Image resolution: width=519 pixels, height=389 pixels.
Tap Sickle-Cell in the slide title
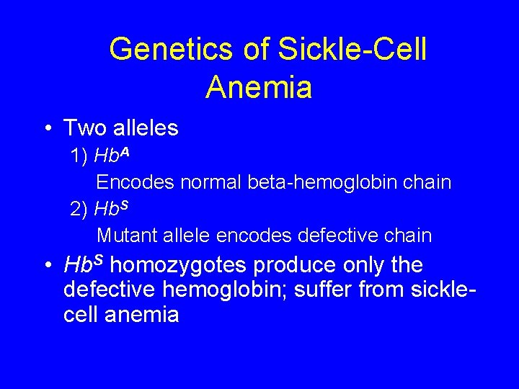[x=352, y=50]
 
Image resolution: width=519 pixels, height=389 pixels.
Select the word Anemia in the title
[x=258, y=87]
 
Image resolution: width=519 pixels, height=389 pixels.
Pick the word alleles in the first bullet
[x=145, y=128]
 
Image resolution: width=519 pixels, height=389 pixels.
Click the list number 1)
[x=79, y=156]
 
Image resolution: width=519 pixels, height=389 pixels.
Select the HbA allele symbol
[x=112, y=156]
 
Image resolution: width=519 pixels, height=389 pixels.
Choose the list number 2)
[x=79, y=209]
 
